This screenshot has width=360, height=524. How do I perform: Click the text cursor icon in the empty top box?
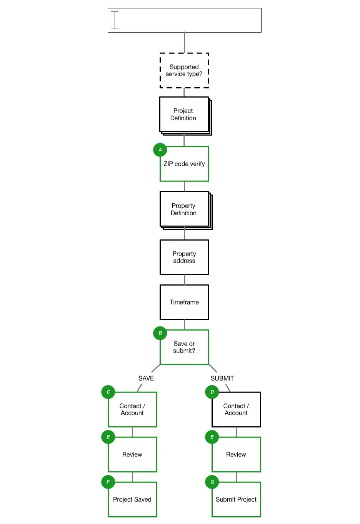115,20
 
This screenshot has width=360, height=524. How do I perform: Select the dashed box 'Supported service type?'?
184,70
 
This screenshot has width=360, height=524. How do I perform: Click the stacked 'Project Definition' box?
184,115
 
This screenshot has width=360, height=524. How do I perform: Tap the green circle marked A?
160,150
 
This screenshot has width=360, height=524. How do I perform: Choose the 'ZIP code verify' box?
184,164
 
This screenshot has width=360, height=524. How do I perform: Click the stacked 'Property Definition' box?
184,210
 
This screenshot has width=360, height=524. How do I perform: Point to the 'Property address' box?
184,257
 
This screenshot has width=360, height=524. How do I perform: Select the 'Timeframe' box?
184,302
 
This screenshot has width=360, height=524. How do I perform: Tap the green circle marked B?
160,333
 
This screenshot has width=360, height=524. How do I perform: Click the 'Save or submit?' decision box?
184,347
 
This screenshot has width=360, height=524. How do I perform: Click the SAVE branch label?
146,378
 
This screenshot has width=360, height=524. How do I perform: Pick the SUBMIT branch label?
222,378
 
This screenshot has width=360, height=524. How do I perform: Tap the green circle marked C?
108,392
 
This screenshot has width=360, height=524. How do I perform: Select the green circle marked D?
212,392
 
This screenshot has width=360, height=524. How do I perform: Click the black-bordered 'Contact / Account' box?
236,409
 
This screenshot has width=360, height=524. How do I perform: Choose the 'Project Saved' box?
132,499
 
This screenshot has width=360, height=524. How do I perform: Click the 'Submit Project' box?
236,499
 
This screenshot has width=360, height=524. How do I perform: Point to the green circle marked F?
108,482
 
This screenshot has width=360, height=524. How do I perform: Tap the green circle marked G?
212,482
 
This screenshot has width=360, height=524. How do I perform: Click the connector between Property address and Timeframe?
185,280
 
